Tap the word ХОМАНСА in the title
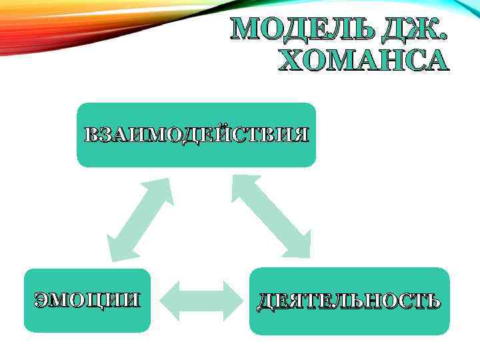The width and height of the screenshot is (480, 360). [x=363, y=60]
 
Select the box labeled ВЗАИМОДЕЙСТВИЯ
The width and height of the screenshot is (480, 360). [x=196, y=135]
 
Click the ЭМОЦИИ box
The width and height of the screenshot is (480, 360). [x=87, y=300]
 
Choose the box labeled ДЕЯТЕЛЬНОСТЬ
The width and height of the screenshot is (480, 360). [x=349, y=301]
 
